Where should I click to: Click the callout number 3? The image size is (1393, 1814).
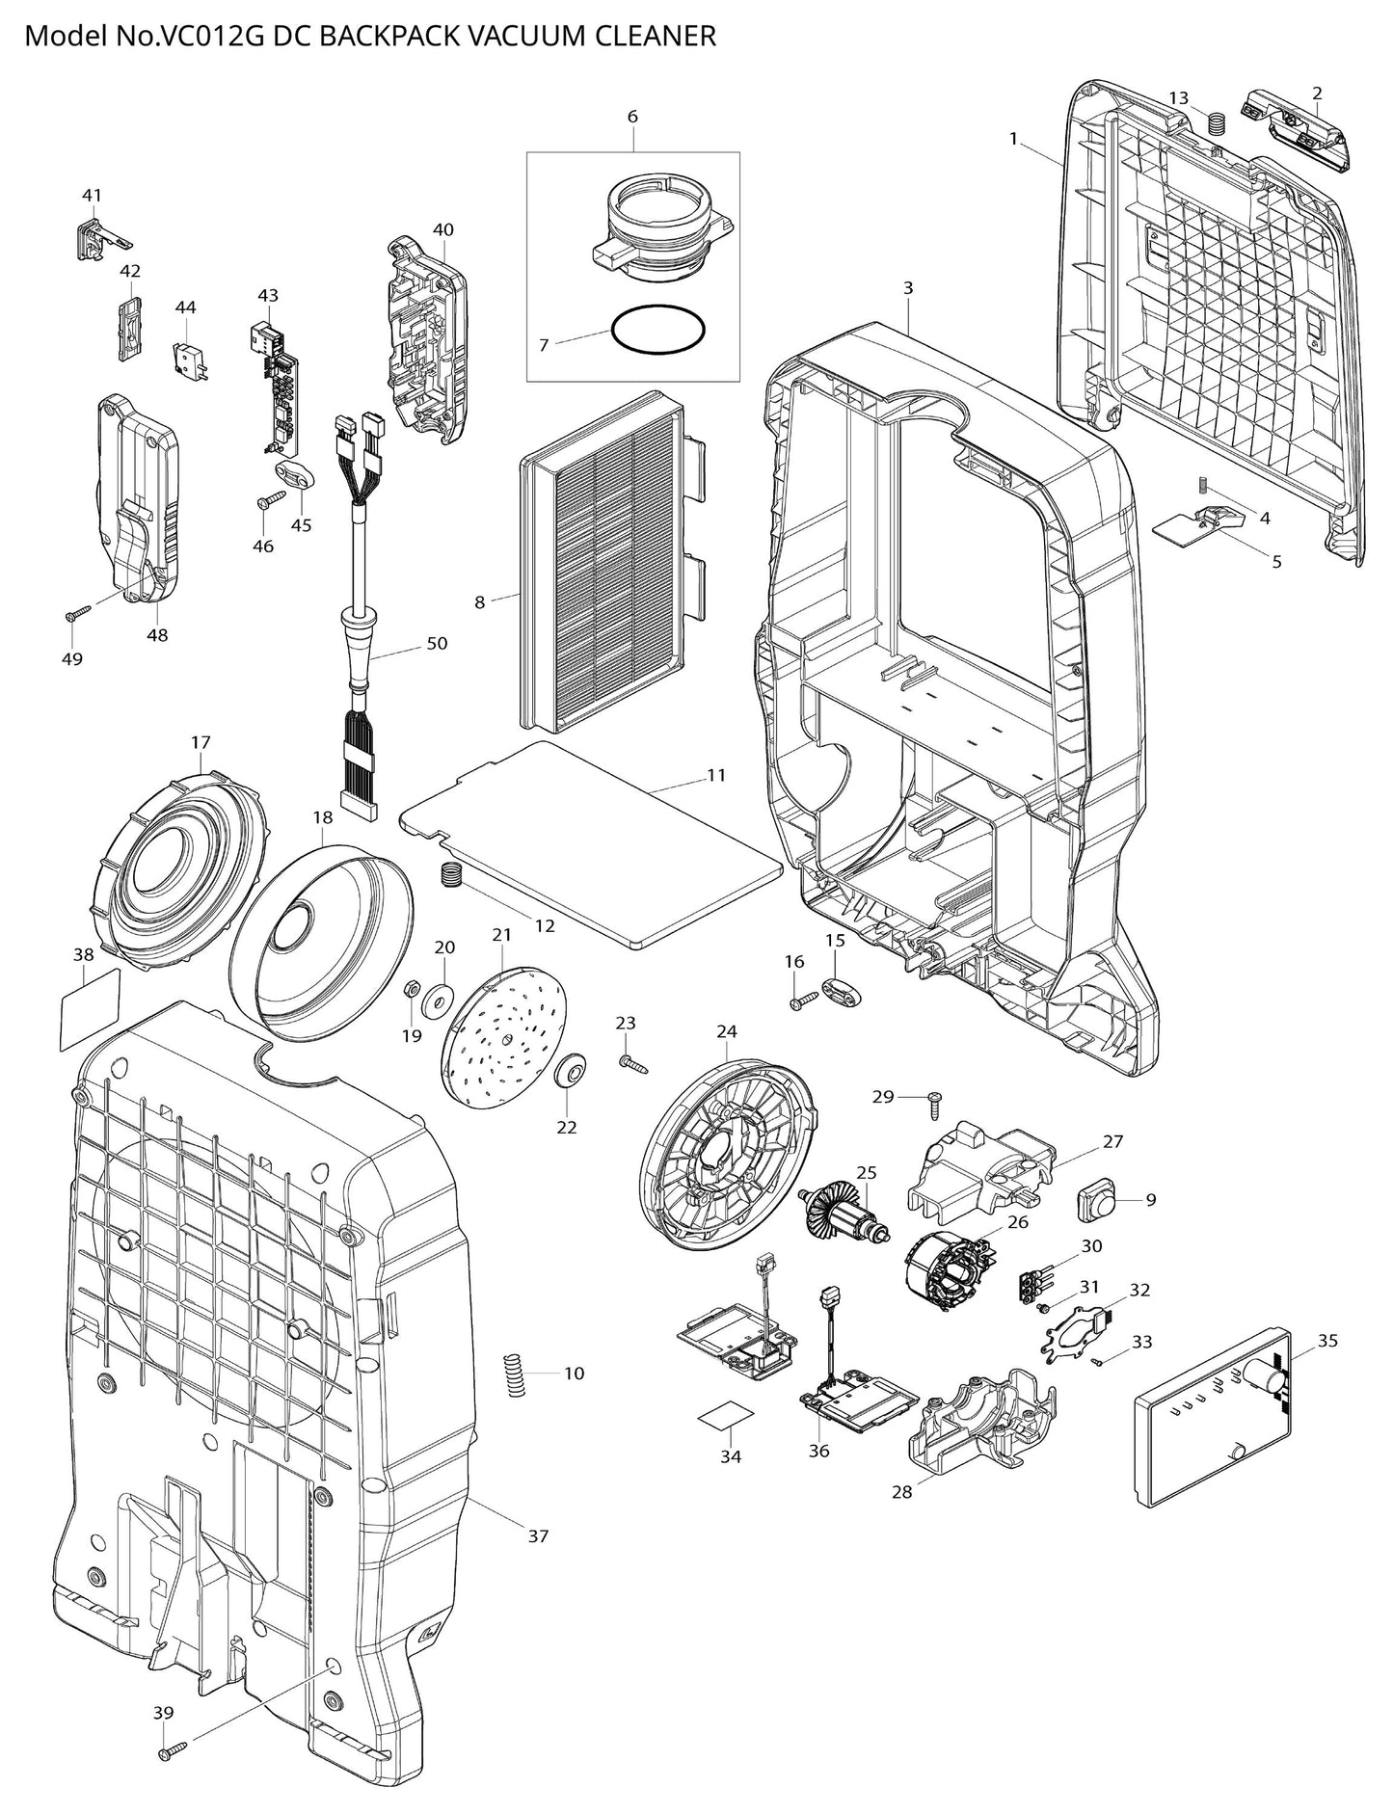coord(907,287)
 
